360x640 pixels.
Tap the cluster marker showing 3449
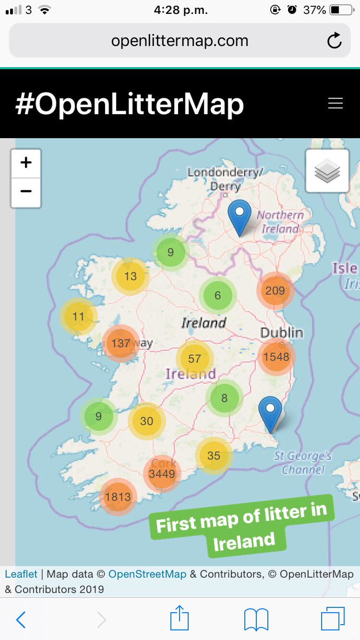[x=162, y=473]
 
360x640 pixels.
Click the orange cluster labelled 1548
[x=276, y=357]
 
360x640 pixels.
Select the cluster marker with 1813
[x=118, y=497]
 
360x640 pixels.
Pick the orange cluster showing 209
[x=275, y=291]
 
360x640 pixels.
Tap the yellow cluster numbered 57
[x=195, y=359]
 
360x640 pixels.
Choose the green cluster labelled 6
[x=218, y=295]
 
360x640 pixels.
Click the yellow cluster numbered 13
[x=130, y=276]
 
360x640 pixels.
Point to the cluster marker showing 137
[x=121, y=343]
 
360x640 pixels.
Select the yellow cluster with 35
[x=213, y=455]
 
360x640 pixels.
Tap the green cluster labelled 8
[x=225, y=398]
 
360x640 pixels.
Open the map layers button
[x=327, y=171]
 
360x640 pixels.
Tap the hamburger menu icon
[x=335, y=103]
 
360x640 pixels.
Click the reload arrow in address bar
[x=334, y=41]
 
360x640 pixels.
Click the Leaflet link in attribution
[x=21, y=574]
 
